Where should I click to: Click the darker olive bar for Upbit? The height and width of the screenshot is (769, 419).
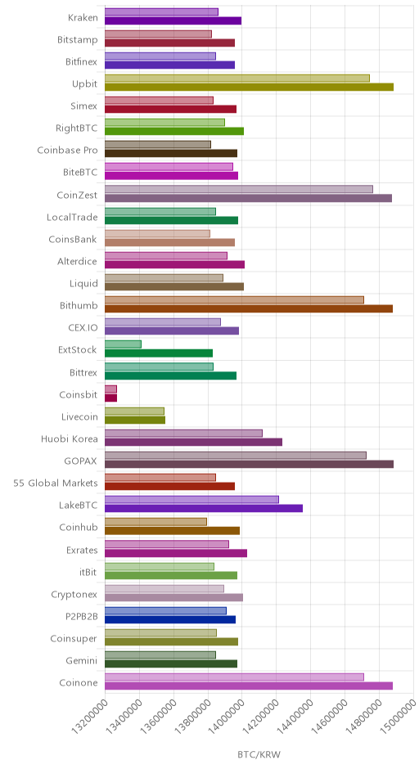(x=250, y=88)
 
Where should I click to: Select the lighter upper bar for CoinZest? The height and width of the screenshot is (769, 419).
(x=239, y=189)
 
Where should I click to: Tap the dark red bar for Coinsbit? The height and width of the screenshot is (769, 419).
(x=110, y=398)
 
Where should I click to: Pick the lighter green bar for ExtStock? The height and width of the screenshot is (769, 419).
(x=123, y=344)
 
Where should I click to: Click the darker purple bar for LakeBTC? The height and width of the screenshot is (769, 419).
(x=204, y=508)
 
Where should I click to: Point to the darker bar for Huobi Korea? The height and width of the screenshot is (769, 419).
(x=193, y=442)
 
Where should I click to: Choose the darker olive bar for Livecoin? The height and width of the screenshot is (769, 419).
(x=135, y=420)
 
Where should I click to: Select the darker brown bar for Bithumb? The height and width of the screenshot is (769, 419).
(x=249, y=309)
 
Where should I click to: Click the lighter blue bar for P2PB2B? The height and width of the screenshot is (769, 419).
(x=166, y=611)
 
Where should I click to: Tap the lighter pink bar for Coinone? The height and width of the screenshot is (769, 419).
(x=235, y=677)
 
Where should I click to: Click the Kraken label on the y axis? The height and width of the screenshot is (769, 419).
(x=83, y=18)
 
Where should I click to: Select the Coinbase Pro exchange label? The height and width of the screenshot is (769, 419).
(x=68, y=150)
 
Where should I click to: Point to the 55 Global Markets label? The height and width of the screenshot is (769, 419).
(x=56, y=483)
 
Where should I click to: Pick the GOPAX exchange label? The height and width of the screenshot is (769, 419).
(x=80, y=461)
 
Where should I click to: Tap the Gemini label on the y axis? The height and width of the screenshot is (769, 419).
(x=82, y=661)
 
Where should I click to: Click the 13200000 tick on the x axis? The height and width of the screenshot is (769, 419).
(x=90, y=714)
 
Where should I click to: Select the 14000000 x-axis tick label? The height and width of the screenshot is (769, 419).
(x=227, y=714)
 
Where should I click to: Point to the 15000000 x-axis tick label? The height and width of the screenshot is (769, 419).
(x=399, y=714)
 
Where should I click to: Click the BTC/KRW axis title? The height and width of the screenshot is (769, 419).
(x=259, y=755)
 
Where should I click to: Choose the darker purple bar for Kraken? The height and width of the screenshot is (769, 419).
(x=173, y=20)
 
